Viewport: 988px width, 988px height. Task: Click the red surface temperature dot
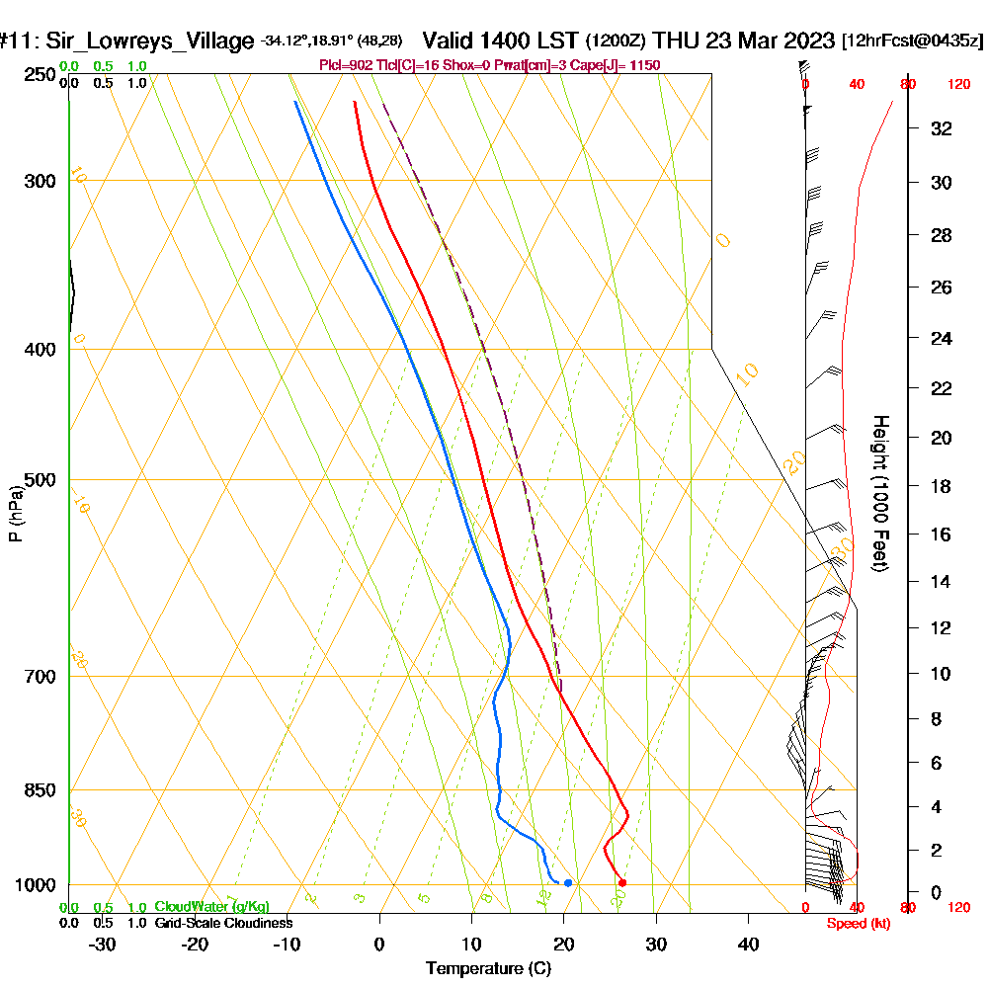pyautogui.click(x=622, y=882)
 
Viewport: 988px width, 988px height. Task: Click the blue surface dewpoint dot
pyautogui.click(x=568, y=882)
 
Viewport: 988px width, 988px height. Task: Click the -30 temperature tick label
pyautogui.click(x=103, y=945)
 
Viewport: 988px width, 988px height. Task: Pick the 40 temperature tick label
pyautogui.click(x=749, y=945)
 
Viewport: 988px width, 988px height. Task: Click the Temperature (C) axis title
pyautogui.click(x=488, y=968)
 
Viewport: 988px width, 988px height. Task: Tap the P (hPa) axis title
pyautogui.click(x=15, y=513)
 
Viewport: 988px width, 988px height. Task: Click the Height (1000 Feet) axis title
pyautogui.click(x=878, y=493)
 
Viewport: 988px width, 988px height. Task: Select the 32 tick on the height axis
pyautogui.click(x=943, y=128)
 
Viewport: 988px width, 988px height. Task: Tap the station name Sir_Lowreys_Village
pyautogui.click(x=145, y=41)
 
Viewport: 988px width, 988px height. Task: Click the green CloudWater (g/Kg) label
pyautogui.click(x=211, y=907)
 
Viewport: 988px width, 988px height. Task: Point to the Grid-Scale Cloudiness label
pyautogui.click(x=223, y=923)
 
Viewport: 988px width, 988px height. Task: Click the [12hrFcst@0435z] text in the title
pyautogui.click(x=912, y=41)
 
